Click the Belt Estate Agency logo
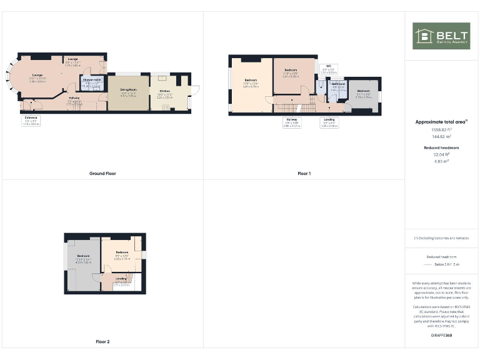coord(441,36)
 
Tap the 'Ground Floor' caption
coord(102,173)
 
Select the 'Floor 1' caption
coord(304,173)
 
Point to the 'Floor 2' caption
coord(102,342)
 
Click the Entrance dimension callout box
coord(31,121)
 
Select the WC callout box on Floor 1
coord(329,69)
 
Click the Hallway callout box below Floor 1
coord(292,122)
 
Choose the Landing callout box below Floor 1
coord(329,122)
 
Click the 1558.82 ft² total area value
coord(441,129)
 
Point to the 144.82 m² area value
coord(441,136)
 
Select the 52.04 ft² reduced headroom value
coord(441,155)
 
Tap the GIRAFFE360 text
coord(441,336)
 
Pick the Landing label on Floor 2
coord(122,280)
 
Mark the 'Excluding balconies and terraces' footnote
coord(441,238)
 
